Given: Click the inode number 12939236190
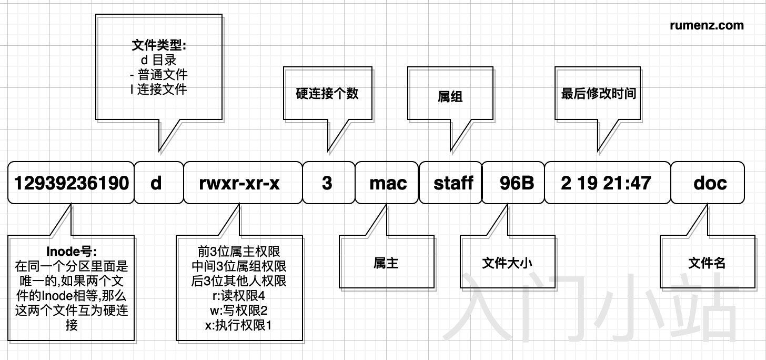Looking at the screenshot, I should tap(72, 183).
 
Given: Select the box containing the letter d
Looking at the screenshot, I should tap(156, 183).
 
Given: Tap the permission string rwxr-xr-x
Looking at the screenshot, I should tap(240, 183).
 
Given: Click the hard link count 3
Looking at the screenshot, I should tap(327, 183).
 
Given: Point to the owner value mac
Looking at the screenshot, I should tap(388, 183).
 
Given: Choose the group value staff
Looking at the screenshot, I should tap(453, 183).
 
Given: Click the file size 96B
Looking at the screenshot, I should tap(517, 183).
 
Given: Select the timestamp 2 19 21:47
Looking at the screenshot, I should tap(606, 183).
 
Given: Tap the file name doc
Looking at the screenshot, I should tap(710, 183).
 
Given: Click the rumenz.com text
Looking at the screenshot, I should tap(707, 25).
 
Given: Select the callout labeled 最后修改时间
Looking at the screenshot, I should tap(599, 94).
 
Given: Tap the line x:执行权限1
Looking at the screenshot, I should tap(239, 326).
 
